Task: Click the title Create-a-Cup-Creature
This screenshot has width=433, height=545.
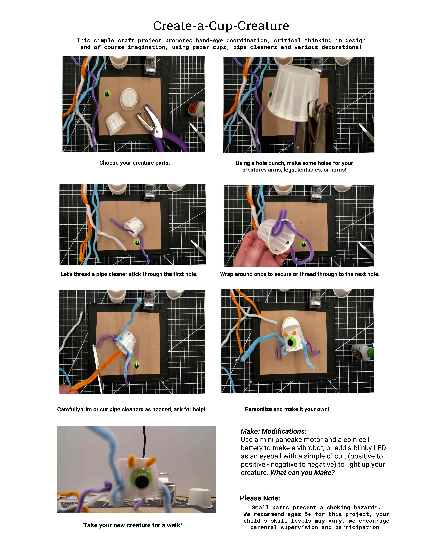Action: tap(221, 26)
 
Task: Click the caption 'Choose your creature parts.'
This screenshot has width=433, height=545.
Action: tap(134, 163)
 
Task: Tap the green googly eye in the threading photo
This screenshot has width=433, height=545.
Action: tap(137, 242)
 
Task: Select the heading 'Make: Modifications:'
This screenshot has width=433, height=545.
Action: tap(273, 431)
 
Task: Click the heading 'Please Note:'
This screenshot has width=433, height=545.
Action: tap(260, 498)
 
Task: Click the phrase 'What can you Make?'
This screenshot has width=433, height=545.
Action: tap(302, 472)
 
